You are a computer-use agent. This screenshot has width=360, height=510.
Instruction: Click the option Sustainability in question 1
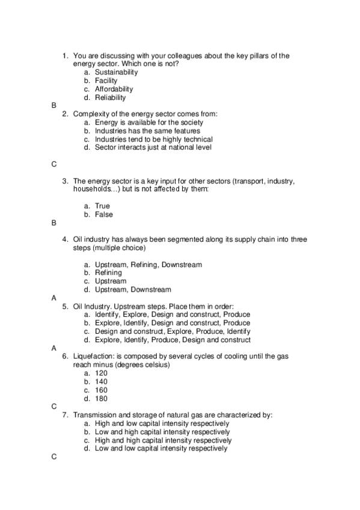pos(116,72)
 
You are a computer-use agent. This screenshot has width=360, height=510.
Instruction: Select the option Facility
pos(106,81)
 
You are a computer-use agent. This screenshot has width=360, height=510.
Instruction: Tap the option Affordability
pos(114,89)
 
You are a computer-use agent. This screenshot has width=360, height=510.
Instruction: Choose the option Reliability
pos(110,97)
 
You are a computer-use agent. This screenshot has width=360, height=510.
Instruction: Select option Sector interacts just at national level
pos(153,147)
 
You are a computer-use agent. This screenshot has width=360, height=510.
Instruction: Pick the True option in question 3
pos(102,206)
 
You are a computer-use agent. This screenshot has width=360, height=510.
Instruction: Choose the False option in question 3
pos(103,215)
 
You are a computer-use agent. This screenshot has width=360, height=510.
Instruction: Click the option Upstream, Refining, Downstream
pos(148,265)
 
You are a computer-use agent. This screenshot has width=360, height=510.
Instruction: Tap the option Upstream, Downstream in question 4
pos(133,290)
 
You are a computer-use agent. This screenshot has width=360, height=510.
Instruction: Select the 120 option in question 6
pos(101,373)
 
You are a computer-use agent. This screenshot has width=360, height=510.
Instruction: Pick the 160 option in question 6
pos(101,390)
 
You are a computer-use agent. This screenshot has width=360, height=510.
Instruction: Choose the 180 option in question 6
pos(101,398)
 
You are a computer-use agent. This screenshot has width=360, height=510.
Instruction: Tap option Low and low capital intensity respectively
pos(161,449)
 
